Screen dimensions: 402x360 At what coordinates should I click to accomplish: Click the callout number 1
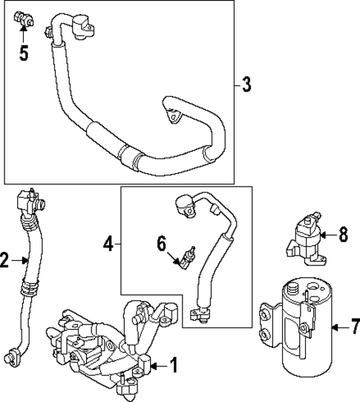[173, 365]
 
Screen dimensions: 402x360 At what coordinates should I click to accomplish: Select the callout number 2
[6, 260]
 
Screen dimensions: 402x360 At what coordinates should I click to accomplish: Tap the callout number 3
[246, 84]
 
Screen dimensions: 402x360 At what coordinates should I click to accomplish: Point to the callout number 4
[108, 243]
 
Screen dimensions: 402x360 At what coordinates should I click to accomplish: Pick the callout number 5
[24, 54]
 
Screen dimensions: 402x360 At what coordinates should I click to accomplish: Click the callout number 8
[343, 236]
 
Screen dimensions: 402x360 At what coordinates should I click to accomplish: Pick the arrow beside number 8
[327, 236]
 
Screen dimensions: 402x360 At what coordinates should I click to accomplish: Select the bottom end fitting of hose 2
[12, 354]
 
